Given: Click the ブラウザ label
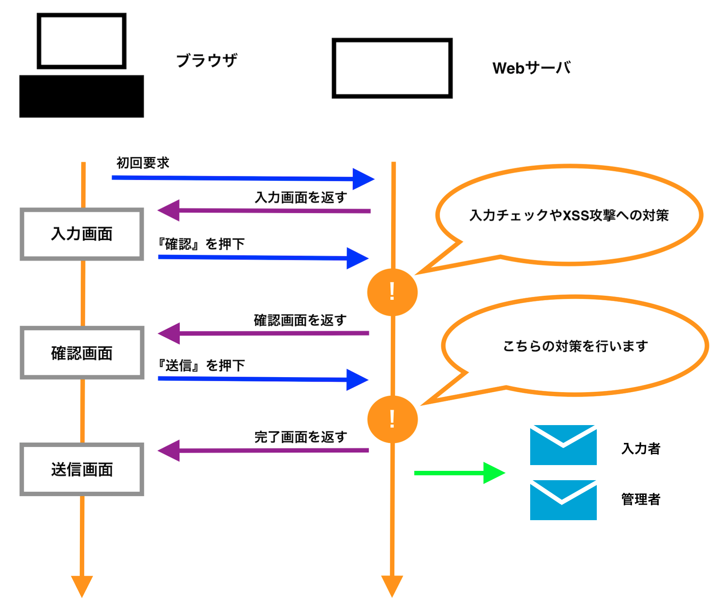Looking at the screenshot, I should click(206, 60).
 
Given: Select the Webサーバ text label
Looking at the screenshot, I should click(531, 68).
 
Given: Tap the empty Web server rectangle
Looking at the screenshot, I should click(392, 68).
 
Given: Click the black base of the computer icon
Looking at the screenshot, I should click(82, 96).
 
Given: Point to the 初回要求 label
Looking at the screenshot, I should click(143, 163).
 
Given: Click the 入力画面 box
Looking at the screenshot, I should click(82, 234).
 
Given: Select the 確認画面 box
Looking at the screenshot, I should click(82, 353).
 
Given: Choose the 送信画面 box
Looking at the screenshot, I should click(82, 470).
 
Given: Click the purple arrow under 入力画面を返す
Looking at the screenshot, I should click(264, 211).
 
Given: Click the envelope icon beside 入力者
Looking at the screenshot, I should click(563, 445).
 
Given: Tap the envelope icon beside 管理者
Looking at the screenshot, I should click(563, 500).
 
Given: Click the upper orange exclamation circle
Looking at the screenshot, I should click(392, 292).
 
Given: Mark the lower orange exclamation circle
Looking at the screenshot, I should click(392, 419).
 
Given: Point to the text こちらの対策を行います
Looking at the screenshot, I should click(575, 346).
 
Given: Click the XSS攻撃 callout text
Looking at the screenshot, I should click(569, 215).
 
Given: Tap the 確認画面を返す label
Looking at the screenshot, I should click(300, 320).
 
